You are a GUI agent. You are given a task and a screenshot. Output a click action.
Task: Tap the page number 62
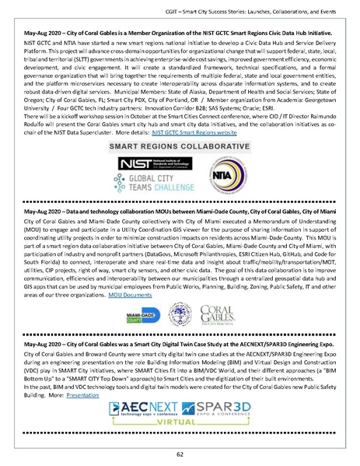tap(180, 454)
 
